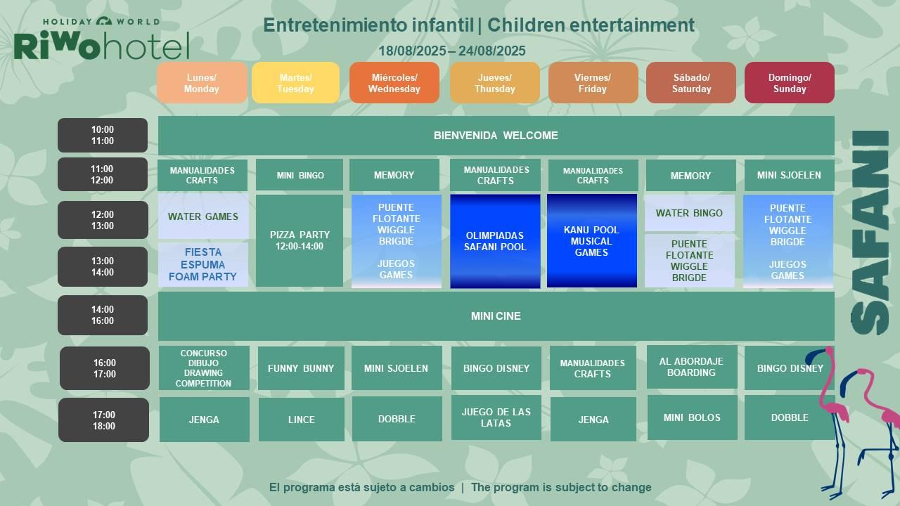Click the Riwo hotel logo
(101, 39)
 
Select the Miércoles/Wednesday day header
(394, 83)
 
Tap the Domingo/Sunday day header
(790, 83)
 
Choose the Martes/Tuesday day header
(296, 83)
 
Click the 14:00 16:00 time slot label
(103, 316)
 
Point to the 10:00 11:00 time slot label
(103, 136)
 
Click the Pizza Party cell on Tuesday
(300, 240)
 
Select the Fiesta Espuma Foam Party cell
(203, 264)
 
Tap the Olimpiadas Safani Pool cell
(495, 241)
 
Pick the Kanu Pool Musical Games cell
(592, 241)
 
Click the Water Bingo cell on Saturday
(690, 213)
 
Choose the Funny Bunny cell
(301, 368)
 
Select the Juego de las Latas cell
(496, 417)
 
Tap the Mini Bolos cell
(693, 417)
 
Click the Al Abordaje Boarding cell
(692, 367)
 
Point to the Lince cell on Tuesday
(302, 420)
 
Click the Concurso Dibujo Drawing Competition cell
(204, 368)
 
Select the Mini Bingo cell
(300, 175)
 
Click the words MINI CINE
(496, 316)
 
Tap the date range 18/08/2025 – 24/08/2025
(452, 51)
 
